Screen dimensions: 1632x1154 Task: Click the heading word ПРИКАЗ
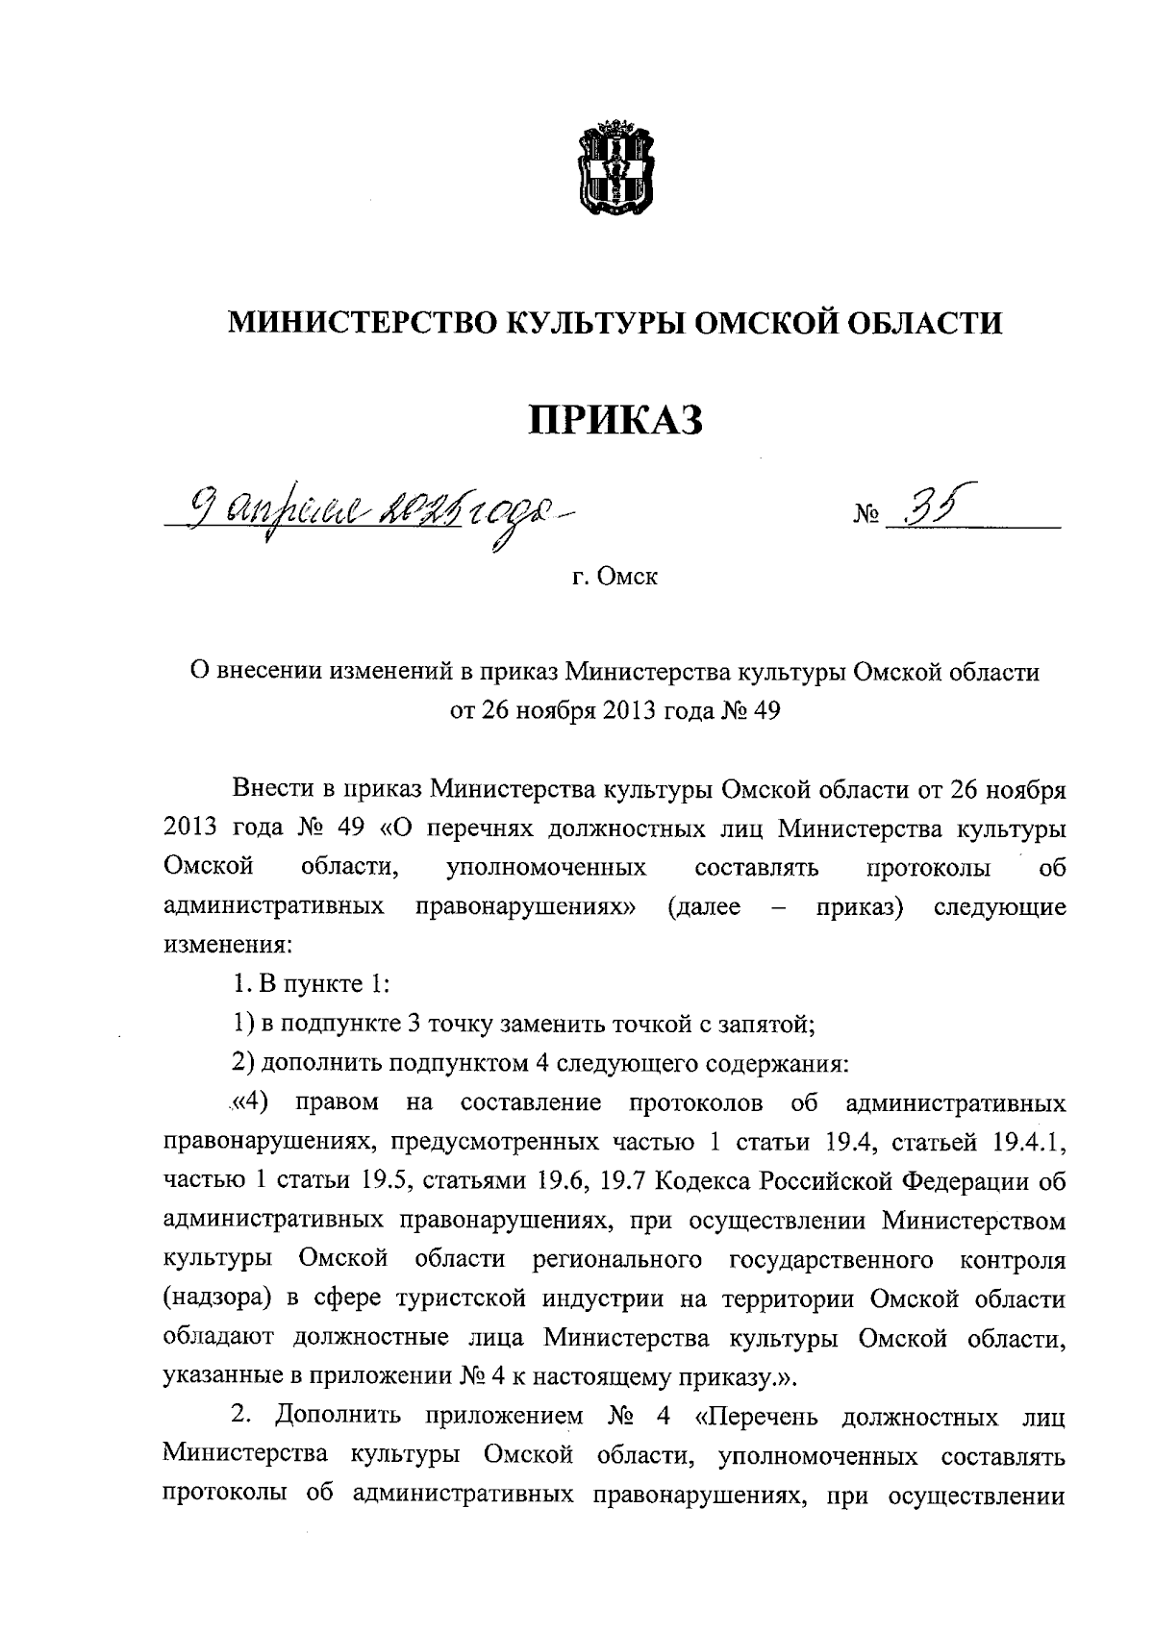615,420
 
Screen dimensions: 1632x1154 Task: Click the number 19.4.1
1026,1143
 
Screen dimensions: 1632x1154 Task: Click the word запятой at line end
760,1025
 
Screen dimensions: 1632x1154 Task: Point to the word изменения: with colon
227,947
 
